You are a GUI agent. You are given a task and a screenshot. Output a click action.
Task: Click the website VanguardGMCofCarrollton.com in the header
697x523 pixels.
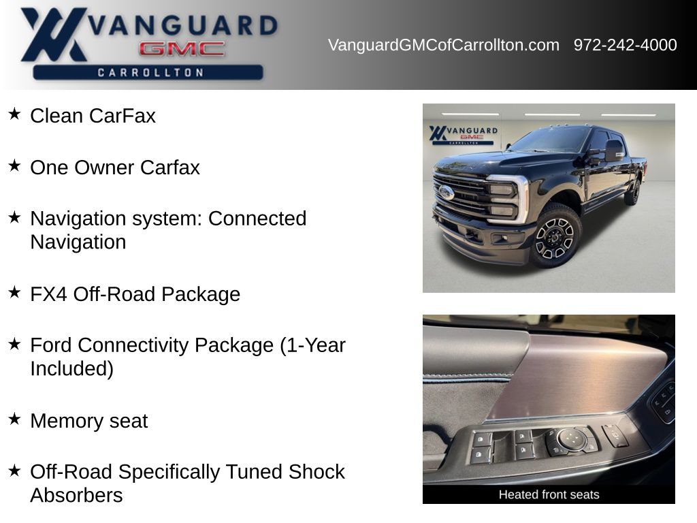pos(443,45)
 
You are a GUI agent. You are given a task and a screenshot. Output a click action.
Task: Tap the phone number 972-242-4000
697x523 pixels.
pos(625,45)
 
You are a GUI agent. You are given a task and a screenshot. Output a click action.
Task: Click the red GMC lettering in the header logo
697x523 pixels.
pos(182,48)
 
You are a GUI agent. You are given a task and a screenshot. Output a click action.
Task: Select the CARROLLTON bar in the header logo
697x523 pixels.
pos(148,72)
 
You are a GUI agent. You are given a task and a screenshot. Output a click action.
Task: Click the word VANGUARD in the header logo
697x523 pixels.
pos(182,25)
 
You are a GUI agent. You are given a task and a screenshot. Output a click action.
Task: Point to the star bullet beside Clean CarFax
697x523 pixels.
pos(15,114)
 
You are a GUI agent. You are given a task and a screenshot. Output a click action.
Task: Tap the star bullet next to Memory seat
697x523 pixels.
pos(15,419)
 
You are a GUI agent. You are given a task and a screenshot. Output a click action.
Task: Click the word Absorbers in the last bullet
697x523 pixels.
pos(76,496)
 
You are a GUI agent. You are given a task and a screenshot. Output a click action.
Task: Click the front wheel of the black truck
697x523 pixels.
pos(555,236)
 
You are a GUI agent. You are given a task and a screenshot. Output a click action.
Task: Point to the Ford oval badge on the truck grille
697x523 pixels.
pos(446,193)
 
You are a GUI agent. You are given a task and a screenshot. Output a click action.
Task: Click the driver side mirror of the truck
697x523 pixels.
pos(614,150)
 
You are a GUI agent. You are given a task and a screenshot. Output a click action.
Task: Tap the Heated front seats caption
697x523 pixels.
pos(549,494)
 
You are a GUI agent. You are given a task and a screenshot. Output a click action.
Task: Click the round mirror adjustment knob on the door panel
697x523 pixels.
pos(570,438)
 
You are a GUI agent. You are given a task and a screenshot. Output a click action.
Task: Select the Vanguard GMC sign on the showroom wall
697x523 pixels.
pos(463,135)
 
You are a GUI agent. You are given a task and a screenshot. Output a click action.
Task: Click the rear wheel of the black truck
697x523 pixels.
pos(634,192)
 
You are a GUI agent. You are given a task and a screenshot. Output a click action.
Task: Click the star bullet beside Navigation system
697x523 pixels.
pos(15,217)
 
